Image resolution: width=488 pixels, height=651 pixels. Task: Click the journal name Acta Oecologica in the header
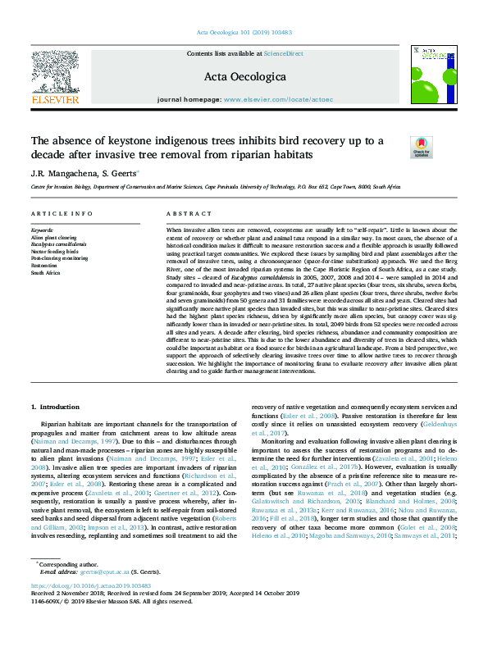243,76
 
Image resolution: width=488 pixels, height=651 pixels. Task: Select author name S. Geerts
121,174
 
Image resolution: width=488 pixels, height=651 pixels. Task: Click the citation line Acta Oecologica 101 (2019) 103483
244,33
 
